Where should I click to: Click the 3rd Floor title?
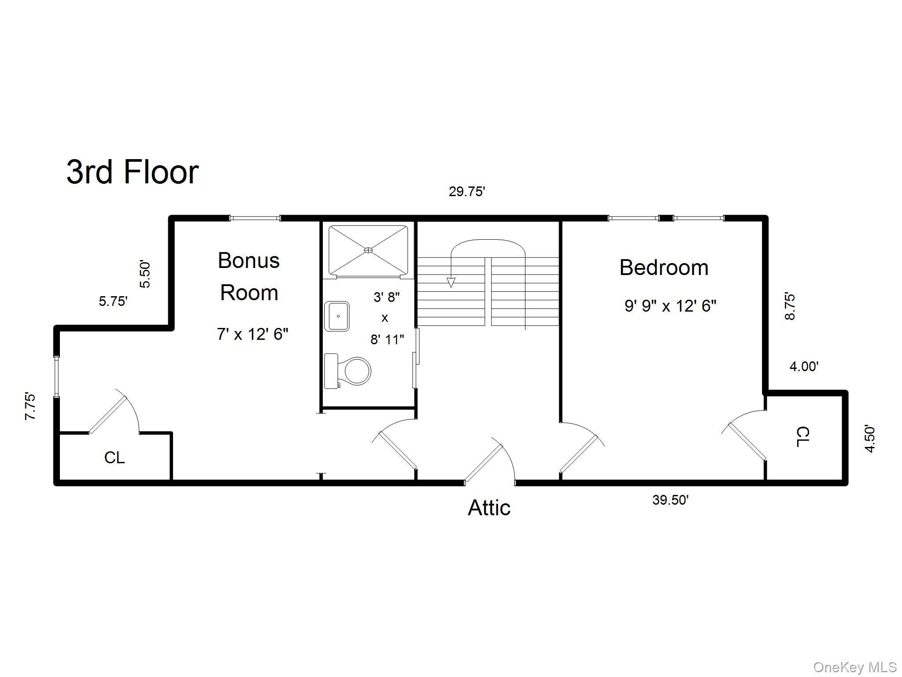(x=133, y=172)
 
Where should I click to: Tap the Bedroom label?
(x=664, y=268)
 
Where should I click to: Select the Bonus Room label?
(x=249, y=276)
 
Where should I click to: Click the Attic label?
(x=489, y=508)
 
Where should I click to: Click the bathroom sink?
(x=337, y=316)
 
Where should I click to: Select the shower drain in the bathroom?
(x=368, y=250)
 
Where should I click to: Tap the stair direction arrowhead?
(x=451, y=283)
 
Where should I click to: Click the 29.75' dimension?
(x=467, y=192)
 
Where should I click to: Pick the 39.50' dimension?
(x=670, y=500)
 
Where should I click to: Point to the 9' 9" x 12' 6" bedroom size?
(x=670, y=305)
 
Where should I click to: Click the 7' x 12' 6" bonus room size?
(x=252, y=334)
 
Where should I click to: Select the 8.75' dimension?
(x=790, y=306)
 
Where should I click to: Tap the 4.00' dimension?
(x=804, y=366)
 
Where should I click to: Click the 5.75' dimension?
(x=113, y=301)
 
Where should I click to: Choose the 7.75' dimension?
(x=30, y=406)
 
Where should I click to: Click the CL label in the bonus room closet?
(x=114, y=458)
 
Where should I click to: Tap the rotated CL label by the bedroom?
(x=803, y=437)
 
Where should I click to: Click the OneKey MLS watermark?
(x=854, y=667)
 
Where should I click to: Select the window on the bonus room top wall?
(x=255, y=218)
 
